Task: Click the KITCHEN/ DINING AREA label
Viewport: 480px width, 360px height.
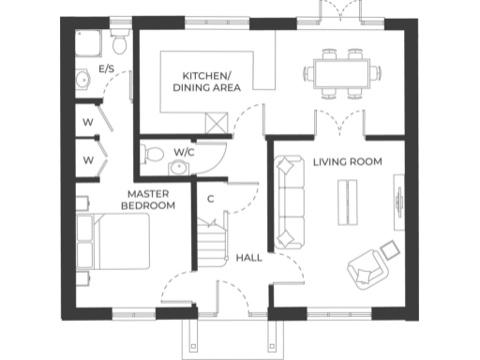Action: coord(206,80)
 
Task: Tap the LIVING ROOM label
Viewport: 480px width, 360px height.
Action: coord(347,162)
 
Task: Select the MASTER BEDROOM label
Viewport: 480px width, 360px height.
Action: coord(151,200)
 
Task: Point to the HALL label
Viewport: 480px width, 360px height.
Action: coord(249,257)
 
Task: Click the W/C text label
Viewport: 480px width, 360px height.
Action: coord(184,151)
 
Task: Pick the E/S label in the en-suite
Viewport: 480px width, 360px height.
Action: coord(107,68)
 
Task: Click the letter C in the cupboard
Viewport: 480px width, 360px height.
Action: coord(211,199)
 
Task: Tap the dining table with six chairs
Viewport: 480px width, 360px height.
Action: coord(341,72)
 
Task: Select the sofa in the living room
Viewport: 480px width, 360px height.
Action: coord(289,200)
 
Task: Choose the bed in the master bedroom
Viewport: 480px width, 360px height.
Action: coord(112,243)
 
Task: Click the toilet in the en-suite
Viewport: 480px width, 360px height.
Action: coord(118,42)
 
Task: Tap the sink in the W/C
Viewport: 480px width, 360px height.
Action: coord(176,168)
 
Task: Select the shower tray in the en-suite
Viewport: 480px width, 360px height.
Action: coord(89,40)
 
